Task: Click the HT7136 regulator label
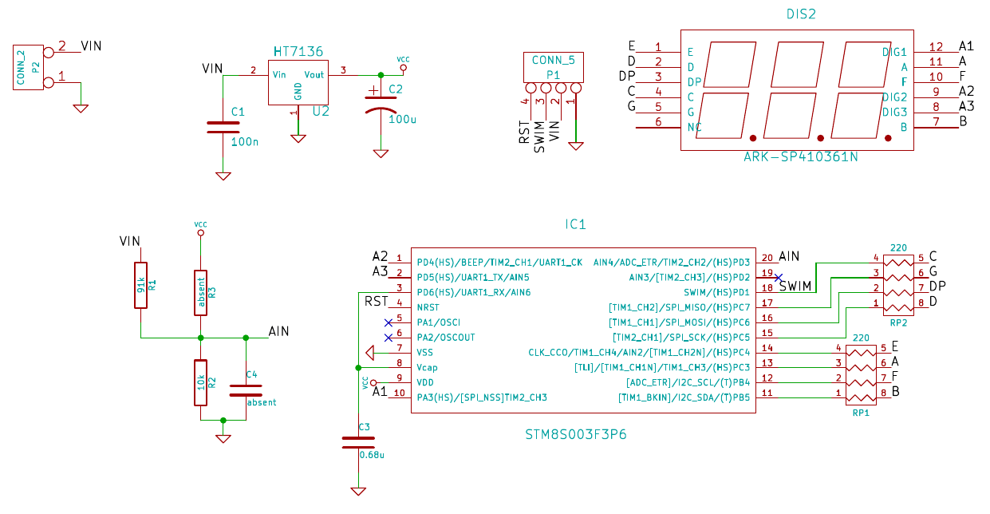point(298,51)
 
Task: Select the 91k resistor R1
point(141,285)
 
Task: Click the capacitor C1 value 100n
point(244,141)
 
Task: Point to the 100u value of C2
point(402,119)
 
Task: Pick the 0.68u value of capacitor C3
point(372,455)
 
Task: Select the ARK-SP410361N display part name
point(800,157)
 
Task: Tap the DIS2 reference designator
point(801,14)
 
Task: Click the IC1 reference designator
point(575,224)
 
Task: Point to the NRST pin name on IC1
point(428,307)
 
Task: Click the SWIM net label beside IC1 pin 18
point(795,287)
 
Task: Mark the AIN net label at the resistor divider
point(278,330)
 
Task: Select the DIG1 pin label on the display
point(894,52)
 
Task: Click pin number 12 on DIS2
point(936,47)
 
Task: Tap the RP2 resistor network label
point(898,323)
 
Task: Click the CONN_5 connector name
point(553,60)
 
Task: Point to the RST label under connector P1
point(524,132)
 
